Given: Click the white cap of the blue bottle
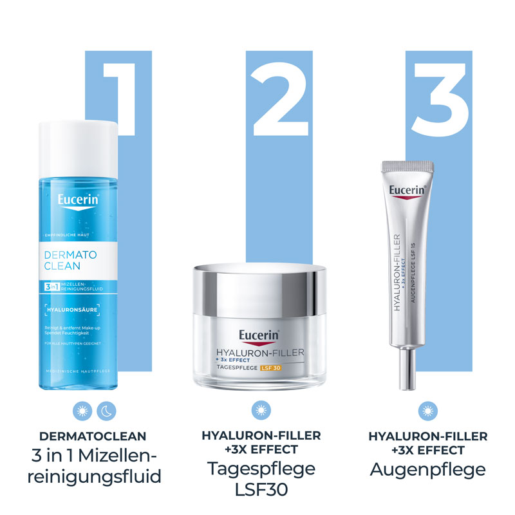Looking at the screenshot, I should coord(79,138).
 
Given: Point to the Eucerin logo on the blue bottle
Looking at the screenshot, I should coord(79,200).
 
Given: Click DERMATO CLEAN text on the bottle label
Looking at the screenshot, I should coord(71,261).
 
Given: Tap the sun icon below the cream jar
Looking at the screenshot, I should coord(259,409).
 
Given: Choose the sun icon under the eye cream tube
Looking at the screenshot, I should coord(424,409).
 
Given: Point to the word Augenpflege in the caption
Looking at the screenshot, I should coord(427,469).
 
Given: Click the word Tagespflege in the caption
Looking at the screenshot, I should coord(261,468).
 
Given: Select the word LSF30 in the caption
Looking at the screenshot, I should coord(260,491).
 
